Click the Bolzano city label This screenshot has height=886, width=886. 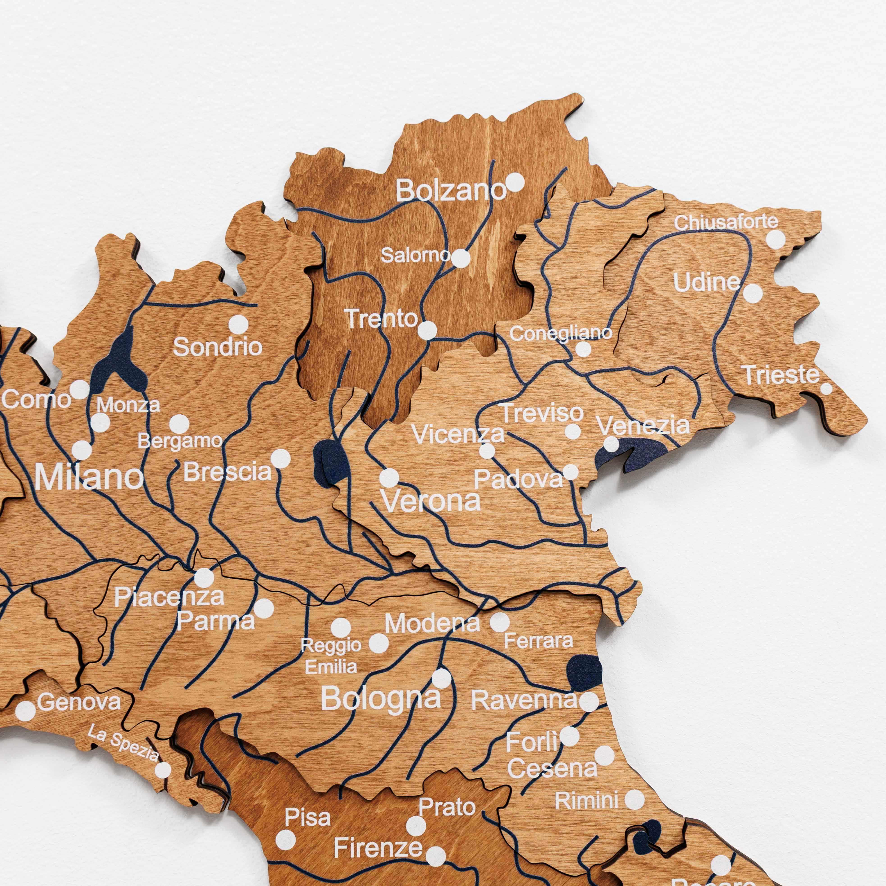(450, 190)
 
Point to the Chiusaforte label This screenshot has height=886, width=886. (726, 222)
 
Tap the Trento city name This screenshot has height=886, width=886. (381, 319)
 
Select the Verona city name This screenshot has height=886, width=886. (431, 501)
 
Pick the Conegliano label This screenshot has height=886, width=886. (560, 333)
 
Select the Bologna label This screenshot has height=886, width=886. (381, 699)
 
